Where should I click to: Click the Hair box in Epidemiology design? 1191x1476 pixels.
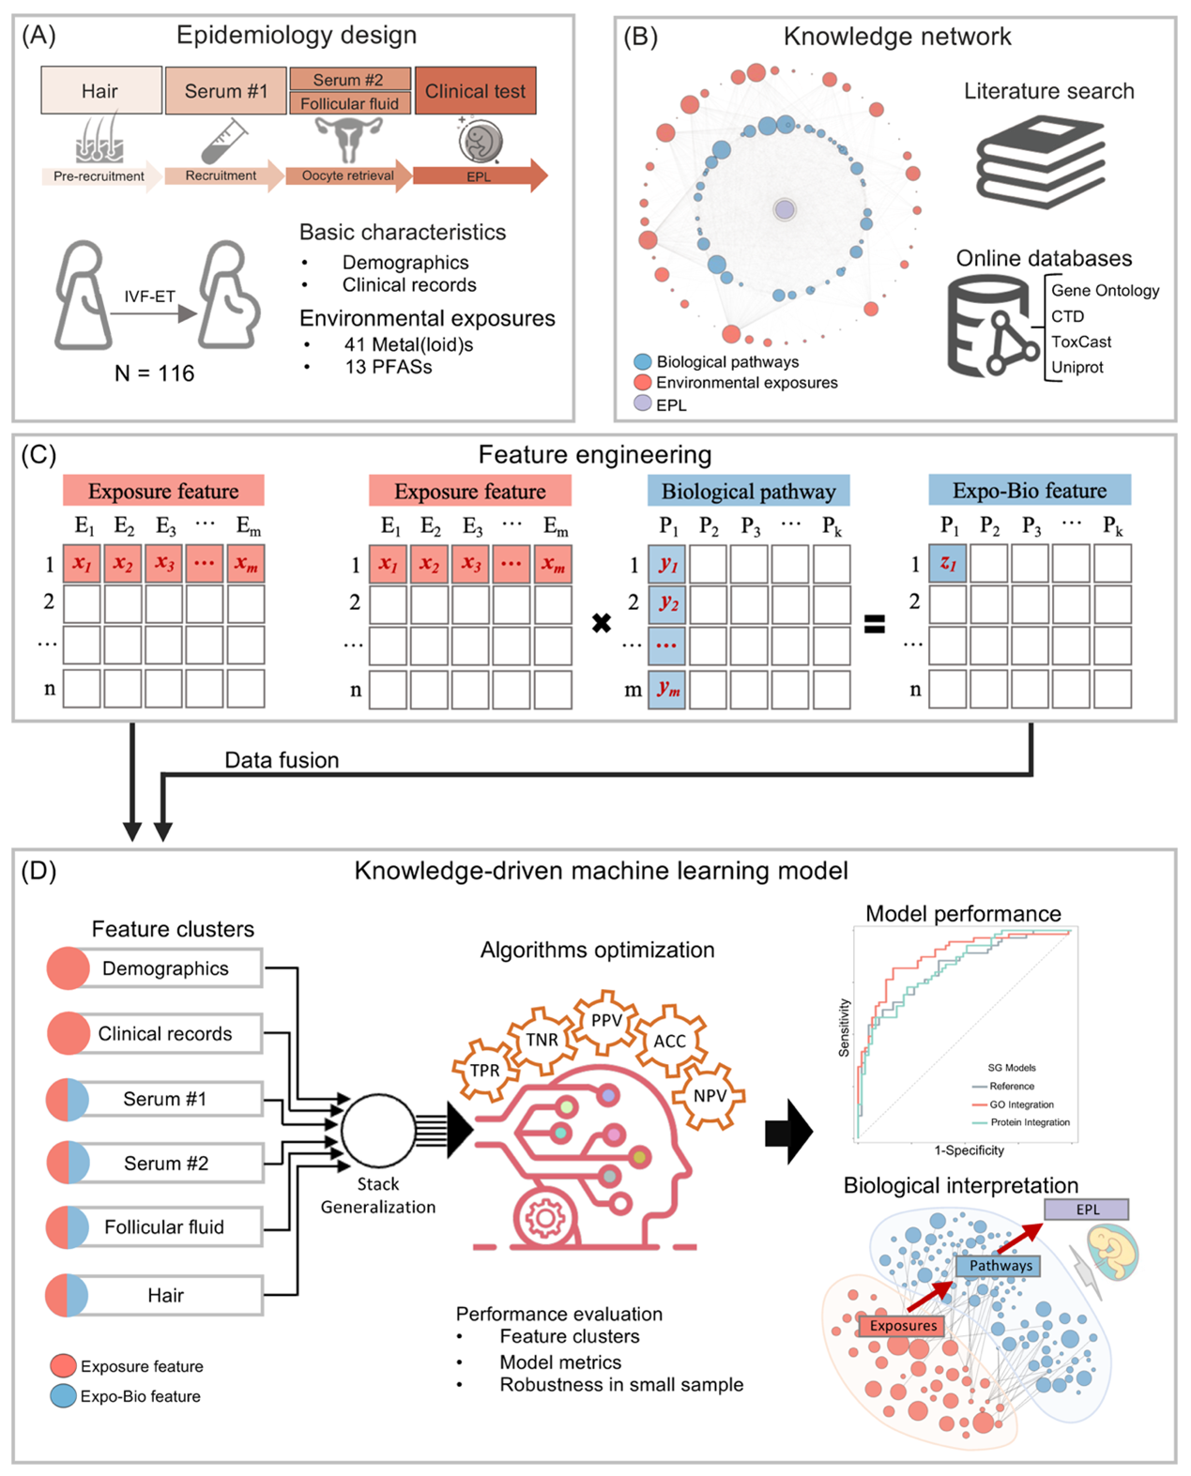pos(100,91)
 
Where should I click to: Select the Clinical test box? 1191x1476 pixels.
pos(475,91)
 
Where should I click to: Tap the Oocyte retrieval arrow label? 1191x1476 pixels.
pos(348,175)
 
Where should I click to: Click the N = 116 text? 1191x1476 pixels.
pos(154,373)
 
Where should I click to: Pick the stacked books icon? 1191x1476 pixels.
pos(1040,160)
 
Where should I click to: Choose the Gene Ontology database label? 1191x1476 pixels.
pos(1105,291)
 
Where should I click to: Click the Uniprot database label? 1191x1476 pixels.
pos(1077,367)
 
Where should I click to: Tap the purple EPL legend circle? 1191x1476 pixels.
pos(643,403)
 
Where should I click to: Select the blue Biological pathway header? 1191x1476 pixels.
pos(748,492)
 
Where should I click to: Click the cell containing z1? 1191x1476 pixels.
pos(948,564)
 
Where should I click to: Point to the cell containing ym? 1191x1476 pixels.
pos(667,690)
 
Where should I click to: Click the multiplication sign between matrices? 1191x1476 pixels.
pos(602,623)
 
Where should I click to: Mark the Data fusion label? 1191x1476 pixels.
pos(282,760)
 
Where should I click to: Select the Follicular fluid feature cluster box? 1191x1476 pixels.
pos(164,1227)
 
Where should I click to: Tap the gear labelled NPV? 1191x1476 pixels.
pos(710,1096)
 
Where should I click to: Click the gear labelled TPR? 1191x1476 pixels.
pos(484,1071)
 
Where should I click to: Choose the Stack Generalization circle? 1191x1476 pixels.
pos(377,1131)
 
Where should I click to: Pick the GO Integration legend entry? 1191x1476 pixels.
pos(1021,1104)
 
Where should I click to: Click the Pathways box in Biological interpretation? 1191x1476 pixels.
pos(1000,1266)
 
